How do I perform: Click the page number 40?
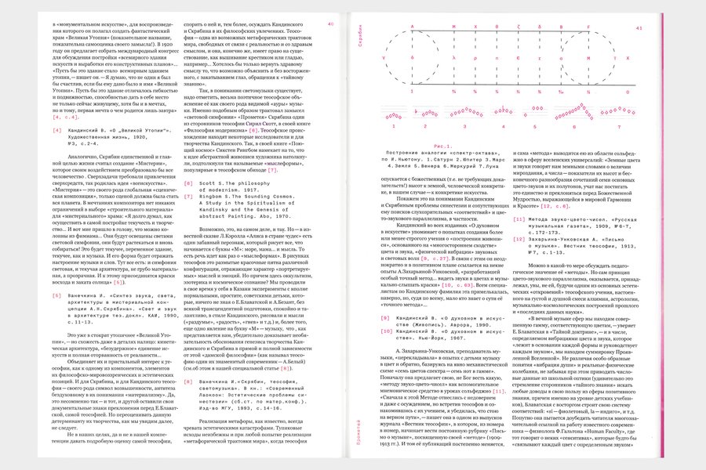point(331,25)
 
